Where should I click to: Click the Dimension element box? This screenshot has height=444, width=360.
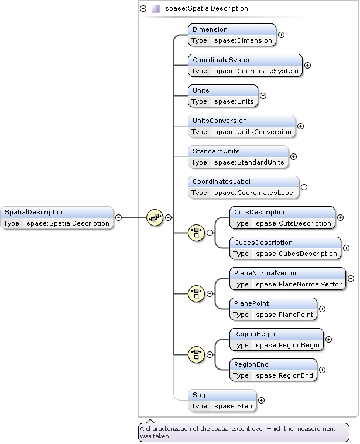point(232,35)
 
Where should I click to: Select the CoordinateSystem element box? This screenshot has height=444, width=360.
point(245,66)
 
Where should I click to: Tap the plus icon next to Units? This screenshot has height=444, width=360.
point(263,95)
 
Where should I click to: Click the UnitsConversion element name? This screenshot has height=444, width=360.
point(220,121)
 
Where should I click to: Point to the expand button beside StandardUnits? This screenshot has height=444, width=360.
point(293,156)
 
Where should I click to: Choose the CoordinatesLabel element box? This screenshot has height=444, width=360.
point(244,187)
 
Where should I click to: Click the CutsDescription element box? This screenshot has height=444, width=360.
point(282,218)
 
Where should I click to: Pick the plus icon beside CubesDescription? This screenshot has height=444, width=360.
point(346,248)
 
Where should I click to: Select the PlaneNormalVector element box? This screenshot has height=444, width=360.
point(287,279)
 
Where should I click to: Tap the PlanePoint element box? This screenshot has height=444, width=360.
point(273,309)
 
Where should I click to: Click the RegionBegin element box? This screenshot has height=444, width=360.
point(276,340)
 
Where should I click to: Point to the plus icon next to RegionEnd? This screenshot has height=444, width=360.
point(322,370)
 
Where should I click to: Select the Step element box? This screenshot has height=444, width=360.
point(222,401)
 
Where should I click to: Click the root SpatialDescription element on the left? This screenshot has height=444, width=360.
point(57,218)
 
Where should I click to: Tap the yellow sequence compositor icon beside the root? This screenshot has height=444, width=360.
point(155,217)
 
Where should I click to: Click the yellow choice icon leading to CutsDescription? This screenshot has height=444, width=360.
point(196,233)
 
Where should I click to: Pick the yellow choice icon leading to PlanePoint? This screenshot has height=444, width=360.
point(196,293)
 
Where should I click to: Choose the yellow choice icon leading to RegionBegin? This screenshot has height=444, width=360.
point(196,354)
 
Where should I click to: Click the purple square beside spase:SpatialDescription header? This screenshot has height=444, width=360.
point(155,9)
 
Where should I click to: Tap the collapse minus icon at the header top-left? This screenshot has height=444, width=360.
point(143,9)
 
